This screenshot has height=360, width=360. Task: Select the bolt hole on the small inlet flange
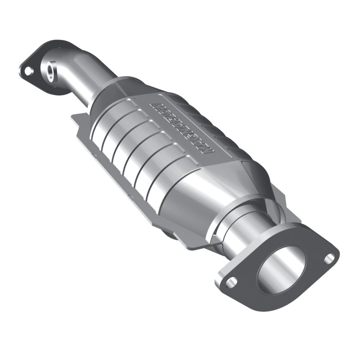28,71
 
